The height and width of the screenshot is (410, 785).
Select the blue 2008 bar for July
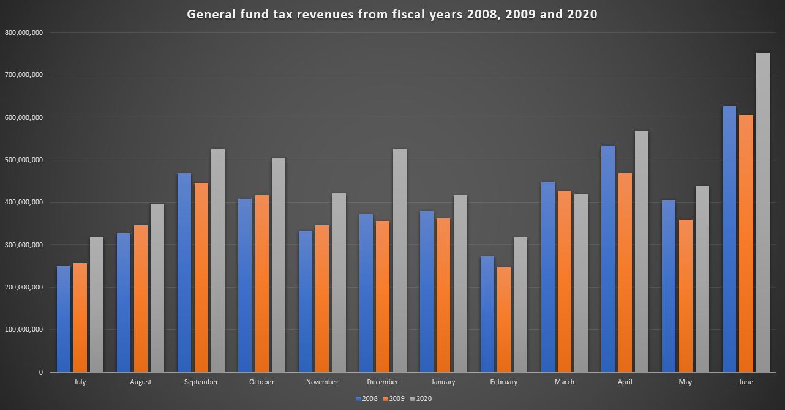(64, 319)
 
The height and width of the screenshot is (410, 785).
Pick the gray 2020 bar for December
(399, 260)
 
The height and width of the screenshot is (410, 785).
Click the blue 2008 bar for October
(245, 285)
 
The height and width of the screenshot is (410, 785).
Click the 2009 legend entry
(394, 398)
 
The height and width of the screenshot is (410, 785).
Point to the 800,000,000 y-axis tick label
(23, 32)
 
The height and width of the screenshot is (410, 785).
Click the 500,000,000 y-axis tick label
(23, 160)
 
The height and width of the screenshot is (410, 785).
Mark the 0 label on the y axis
(40, 372)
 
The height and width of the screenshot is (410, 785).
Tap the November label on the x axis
(322, 382)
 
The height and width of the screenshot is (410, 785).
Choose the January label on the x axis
(443, 382)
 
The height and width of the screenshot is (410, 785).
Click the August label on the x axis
(141, 382)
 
